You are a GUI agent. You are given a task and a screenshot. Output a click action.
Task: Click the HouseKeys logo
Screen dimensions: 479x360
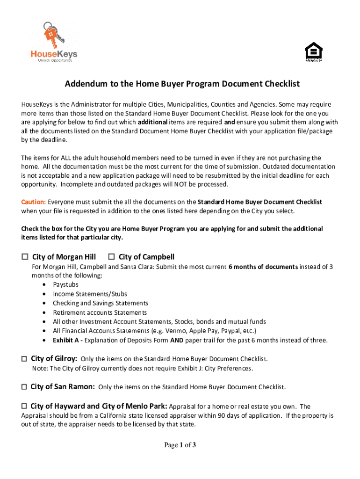pos(54,42)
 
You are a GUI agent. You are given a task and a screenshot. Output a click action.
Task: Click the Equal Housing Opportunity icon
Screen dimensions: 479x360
pos(313,52)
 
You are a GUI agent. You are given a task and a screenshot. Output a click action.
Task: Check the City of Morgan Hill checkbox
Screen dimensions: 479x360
pos(25,257)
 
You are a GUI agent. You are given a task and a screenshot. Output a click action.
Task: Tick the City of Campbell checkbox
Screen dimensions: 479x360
pos(111,257)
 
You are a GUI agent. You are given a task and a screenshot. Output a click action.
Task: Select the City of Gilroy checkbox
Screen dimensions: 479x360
pos(24,359)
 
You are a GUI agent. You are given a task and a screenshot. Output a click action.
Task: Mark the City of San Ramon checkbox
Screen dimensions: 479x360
pos(24,387)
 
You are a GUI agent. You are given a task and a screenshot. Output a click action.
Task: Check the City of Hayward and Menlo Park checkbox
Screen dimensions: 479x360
pos(24,406)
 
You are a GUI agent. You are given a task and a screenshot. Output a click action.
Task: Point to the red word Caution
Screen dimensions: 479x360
pos(33,202)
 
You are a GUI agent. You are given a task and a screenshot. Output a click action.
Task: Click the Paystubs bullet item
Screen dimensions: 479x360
pos(65,284)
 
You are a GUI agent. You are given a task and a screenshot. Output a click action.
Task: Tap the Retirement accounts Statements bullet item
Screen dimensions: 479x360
pos(100,312)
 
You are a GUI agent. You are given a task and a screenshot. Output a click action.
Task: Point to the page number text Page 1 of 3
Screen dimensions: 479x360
pos(180,445)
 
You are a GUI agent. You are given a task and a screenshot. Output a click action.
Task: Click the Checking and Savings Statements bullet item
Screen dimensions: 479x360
pos(100,303)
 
